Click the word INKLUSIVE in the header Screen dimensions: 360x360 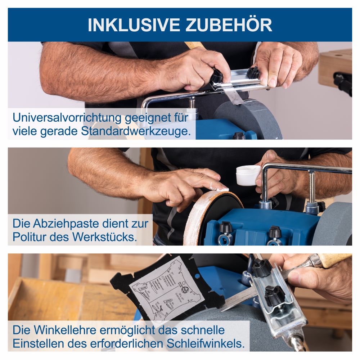(x=134, y=24)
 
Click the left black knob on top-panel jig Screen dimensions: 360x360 (x=217, y=76)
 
